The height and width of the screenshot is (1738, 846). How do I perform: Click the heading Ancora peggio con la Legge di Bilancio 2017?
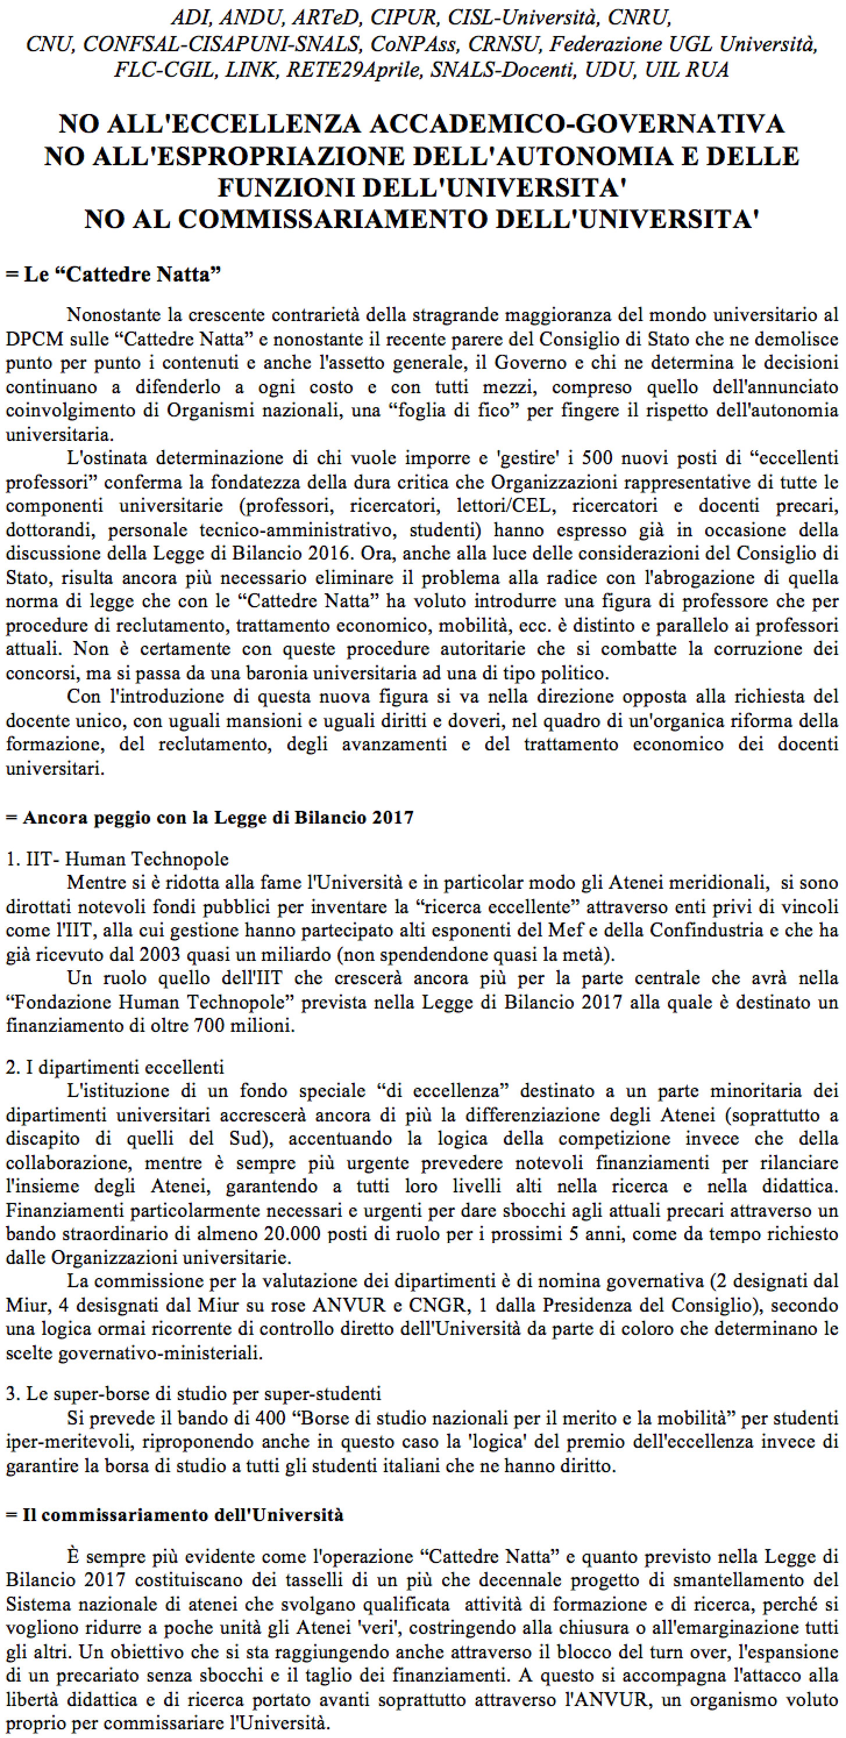(x=210, y=818)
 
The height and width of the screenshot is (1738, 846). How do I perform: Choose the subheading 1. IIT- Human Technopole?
(x=118, y=859)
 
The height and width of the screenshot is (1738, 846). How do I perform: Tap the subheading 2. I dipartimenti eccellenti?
(x=115, y=1067)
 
